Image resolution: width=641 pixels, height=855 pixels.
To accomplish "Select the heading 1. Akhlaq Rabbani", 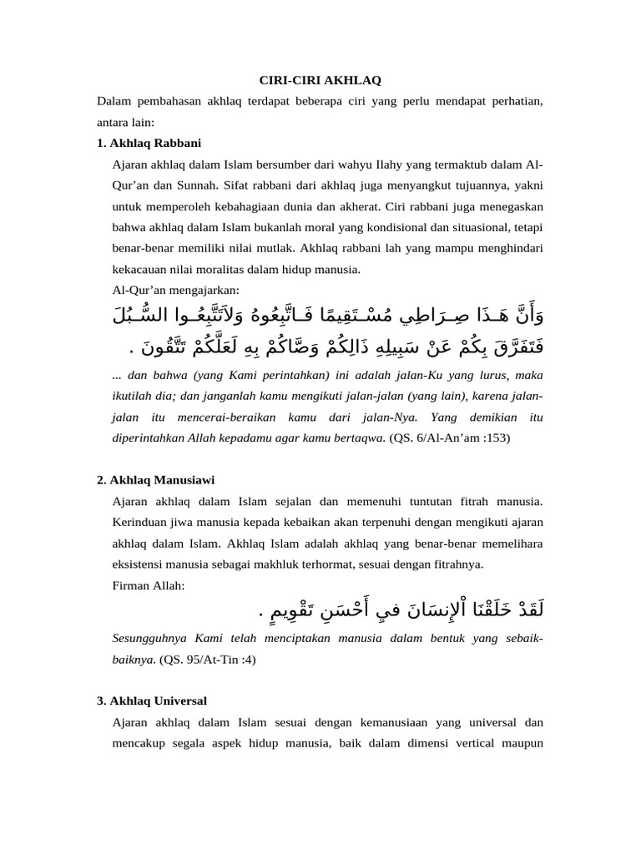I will point(149,143).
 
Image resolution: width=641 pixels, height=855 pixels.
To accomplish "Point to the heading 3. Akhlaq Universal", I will point(151,700).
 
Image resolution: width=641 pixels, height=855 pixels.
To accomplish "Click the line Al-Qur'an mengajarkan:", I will point(175,290).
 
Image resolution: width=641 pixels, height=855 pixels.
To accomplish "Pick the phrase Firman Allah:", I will point(148,585).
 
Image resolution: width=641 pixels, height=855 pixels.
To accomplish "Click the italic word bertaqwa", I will point(358,437).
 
